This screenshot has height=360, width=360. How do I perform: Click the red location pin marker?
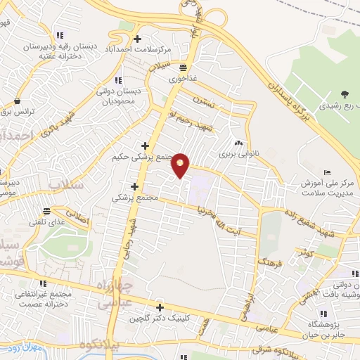tap(181, 165)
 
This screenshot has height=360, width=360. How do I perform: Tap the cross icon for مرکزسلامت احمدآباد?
tap(137, 39)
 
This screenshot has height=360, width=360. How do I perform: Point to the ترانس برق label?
tap(15, 111)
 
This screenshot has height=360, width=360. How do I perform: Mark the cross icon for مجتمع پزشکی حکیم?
tap(145, 145)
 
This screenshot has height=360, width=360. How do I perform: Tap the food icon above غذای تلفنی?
tap(47, 211)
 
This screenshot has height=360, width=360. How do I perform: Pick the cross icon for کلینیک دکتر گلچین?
tap(161, 307)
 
